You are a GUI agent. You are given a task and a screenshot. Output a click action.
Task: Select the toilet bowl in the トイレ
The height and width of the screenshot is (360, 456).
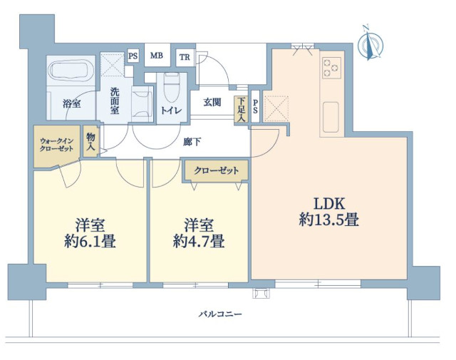tap(172, 87)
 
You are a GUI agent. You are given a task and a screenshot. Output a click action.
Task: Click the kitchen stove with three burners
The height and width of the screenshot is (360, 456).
tap(331, 68)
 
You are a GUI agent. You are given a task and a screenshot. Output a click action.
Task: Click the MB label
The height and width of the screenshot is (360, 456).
tap(157, 56)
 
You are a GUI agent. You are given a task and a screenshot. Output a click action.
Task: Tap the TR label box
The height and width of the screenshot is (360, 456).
tap(185, 57)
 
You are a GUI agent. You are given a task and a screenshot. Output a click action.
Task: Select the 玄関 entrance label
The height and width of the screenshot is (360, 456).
tap(212, 103)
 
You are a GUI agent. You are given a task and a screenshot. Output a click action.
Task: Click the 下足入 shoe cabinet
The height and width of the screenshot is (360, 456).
tap(242, 110)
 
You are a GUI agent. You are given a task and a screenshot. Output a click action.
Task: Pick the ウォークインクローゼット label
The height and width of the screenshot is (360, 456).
tap(56, 145)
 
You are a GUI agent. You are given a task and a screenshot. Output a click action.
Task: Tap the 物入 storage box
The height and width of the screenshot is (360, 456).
tap(90, 141)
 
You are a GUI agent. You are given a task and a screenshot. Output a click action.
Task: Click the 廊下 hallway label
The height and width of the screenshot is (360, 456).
tap(192, 142)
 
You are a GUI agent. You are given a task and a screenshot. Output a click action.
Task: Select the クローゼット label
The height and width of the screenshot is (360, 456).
tap(217, 170)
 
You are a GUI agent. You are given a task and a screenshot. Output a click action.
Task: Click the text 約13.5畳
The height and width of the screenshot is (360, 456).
tap(329, 220)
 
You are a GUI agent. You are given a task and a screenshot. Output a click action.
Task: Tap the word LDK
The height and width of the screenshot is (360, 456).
tap(329, 204)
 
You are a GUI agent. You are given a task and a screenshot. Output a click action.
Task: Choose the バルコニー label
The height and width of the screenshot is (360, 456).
tap(220, 314)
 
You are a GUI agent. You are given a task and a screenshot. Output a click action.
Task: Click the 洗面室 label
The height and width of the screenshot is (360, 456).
tap(115, 101)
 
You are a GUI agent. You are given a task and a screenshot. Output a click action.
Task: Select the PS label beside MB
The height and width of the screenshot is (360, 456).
tap(133, 56)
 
